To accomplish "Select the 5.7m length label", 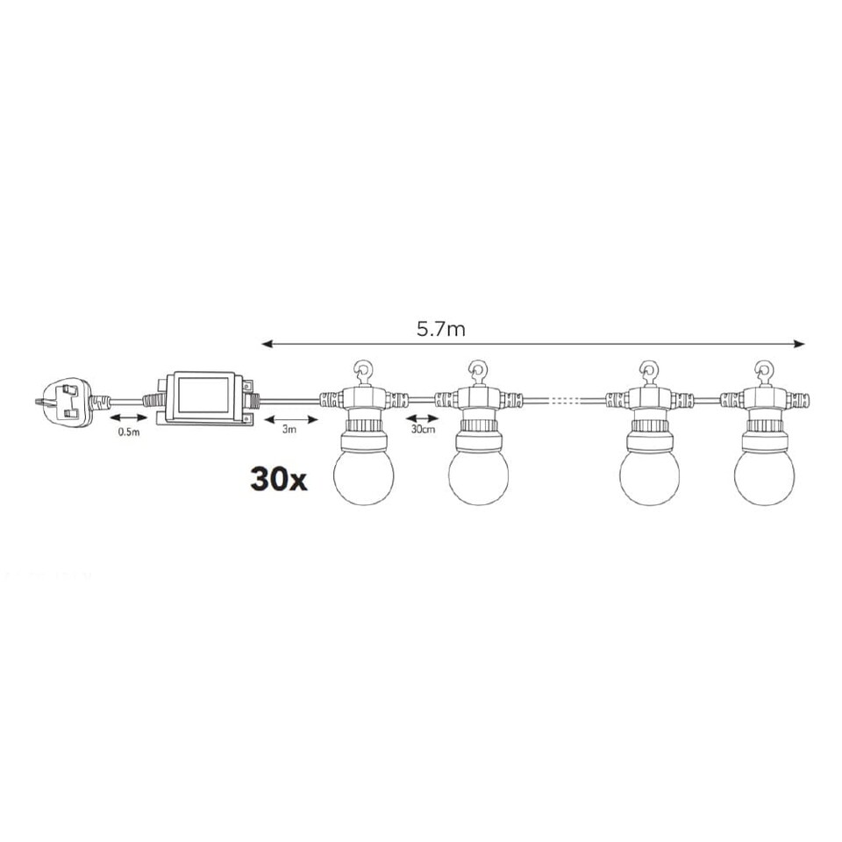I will click(x=440, y=330).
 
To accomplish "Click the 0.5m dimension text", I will click(x=128, y=433).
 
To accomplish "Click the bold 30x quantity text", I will click(x=278, y=480).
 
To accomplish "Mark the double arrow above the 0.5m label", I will click(x=128, y=419).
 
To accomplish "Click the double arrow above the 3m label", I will click(x=290, y=418).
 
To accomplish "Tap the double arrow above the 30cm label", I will click(x=422, y=419).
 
